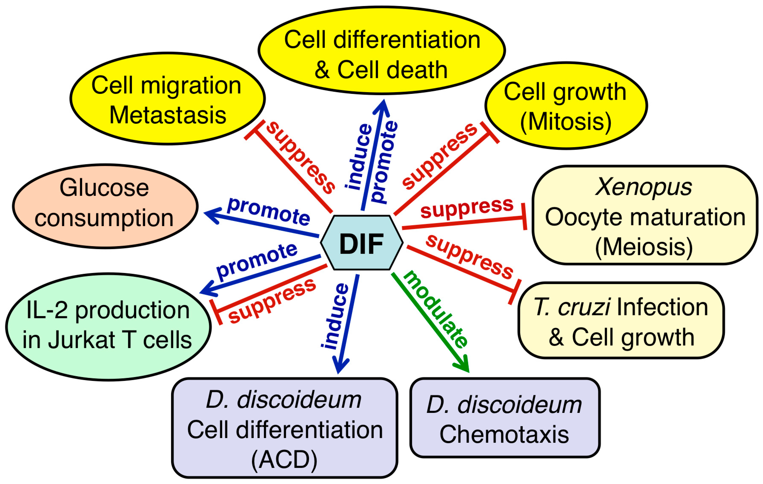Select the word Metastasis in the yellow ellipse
tap(168, 115)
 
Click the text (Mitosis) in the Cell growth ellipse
tap(566, 122)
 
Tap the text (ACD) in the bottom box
tap(284, 459)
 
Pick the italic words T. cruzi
tap(572, 307)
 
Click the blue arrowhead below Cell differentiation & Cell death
tap(382, 108)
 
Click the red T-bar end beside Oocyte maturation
tap(524, 217)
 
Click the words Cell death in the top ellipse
tap(392, 70)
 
